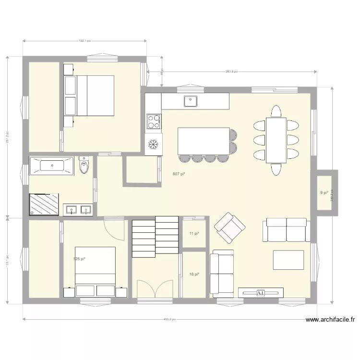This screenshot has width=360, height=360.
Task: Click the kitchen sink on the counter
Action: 191,101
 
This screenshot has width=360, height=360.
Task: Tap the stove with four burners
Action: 154,121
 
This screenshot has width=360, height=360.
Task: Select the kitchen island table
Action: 203,140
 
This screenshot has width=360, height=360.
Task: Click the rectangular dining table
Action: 276,140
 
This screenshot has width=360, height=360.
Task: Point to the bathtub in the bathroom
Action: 52,166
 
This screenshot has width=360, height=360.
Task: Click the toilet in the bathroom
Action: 84,166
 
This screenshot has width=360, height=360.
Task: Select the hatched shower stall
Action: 45,204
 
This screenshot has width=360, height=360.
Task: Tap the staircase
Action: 156,235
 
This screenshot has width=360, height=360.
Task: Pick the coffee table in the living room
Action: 288,260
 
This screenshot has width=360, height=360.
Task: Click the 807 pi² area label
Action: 179,174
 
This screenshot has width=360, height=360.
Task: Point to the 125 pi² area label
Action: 79,259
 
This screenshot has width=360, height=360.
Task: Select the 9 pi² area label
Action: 324,193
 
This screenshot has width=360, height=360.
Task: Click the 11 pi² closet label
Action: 194,234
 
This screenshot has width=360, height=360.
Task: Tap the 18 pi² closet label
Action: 194,274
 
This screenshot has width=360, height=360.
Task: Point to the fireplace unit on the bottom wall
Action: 261,292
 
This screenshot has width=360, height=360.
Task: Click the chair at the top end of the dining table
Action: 276,111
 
